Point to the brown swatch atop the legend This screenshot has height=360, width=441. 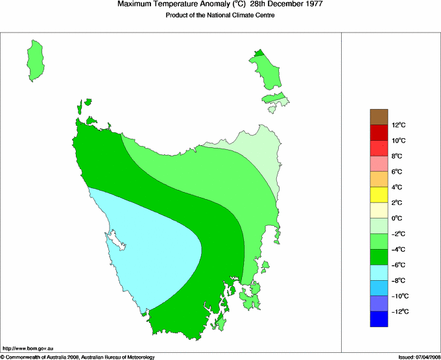coord(379,117)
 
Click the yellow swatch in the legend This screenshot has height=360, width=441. coord(379,195)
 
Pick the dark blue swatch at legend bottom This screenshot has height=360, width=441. coord(379,319)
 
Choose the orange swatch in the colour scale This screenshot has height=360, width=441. coord(379,179)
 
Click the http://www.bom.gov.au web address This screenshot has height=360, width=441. coord(28,349)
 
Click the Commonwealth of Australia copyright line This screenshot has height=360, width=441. coord(78,357)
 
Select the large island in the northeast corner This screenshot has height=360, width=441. coord(266,71)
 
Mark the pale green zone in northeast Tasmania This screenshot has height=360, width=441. coord(256,152)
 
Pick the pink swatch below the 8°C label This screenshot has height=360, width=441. coord(379,163)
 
